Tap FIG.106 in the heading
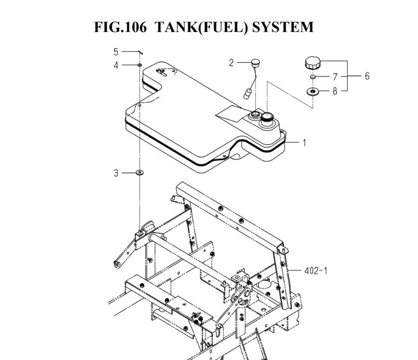[120, 27]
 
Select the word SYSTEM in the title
[282, 27]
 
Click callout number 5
[116, 52]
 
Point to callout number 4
[116, 65]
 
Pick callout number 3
[116, 173]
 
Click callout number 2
[231, 63]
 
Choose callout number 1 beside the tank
[305, 143]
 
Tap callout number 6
[367, 76]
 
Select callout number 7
[335, 77]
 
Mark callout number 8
[335, 91]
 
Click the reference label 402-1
[316, 271]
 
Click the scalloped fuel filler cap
[313, 63]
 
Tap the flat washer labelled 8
[313, 91]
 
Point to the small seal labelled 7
[313, 77]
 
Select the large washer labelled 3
[139, 173]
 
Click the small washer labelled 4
[139, 65]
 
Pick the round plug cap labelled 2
[255, 63]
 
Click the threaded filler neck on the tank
[266, 118]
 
